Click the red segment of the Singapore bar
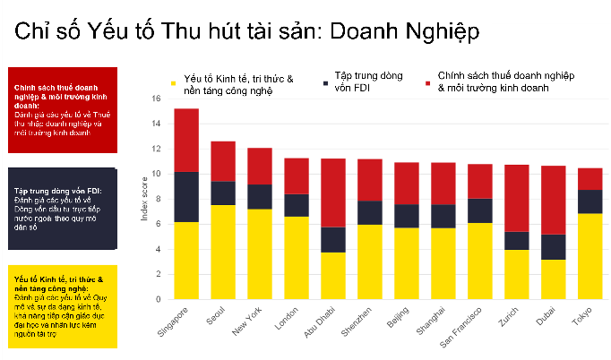(186, 140)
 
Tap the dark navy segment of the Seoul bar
(223, 193)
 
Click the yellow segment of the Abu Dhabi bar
(332, 276)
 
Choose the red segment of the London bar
(296, 176)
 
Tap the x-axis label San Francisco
(464, 328)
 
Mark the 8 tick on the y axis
(157, 199)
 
